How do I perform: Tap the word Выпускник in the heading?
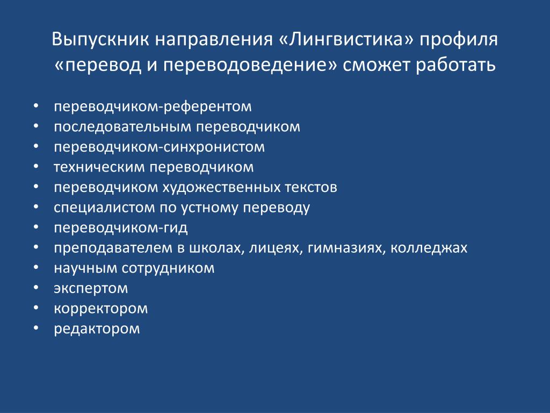coord(100,40)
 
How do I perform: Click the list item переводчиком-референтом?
coord(153,106)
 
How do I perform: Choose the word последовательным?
coord(122,127)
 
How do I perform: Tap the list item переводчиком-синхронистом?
coord(159,147)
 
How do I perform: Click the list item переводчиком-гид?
coord(121,228)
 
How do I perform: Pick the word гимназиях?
coord(347,248)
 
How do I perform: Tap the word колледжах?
coord(429,248)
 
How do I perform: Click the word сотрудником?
coord(168,268)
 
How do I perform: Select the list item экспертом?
coord(91,289)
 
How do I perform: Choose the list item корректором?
coord(100,309)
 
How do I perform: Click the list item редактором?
coord(97,329)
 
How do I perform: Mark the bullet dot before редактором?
coord(36,327)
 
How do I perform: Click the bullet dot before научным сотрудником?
coord(36,267)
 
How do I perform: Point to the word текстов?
coord(311,188)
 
